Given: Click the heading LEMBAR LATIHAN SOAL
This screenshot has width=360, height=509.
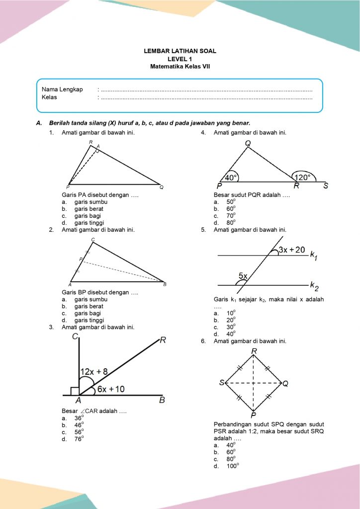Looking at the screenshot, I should click(x=180, y=51).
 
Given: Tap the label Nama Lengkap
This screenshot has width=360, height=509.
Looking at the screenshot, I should click(x=62, y=89).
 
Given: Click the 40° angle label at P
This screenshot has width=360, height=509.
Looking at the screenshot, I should click(x=231, y=177).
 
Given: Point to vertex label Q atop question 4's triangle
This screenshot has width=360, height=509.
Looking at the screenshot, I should click(x=248, y=143).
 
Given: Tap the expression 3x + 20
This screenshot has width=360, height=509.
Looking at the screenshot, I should click(x=292, y=250).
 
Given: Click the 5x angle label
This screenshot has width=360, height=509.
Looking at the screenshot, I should click(x=244, y=276).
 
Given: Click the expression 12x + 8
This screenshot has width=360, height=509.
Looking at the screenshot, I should click(x=94, y=371).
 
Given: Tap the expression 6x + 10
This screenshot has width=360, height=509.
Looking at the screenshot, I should click(x=111, y=389).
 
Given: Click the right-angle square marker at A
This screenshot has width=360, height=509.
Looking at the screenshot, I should click(x=75, y=391).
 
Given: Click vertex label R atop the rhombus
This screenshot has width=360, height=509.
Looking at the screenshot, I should click(x=254, y=352).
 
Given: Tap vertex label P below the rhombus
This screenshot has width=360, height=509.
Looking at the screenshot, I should click(x=253, y=416).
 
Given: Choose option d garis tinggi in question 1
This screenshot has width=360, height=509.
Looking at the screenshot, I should click(x=90, y=223).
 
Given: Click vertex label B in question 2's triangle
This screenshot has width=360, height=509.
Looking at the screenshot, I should click(x=165, y=284).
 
